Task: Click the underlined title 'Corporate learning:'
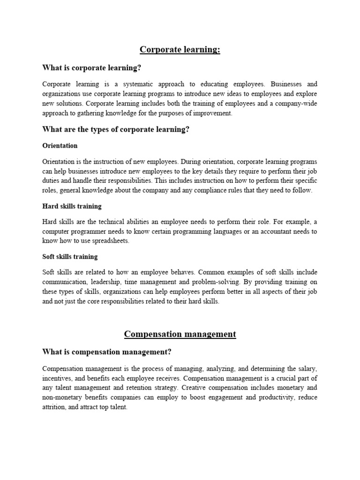point(180,50)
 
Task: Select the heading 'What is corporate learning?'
point(91,68)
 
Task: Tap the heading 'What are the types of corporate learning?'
point(116,129)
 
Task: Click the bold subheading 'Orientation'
point(60,146)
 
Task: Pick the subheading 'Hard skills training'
point(72,206)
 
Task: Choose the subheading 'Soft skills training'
point(70,256)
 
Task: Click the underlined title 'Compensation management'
point(180,334)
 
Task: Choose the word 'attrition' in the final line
point(54,407)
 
